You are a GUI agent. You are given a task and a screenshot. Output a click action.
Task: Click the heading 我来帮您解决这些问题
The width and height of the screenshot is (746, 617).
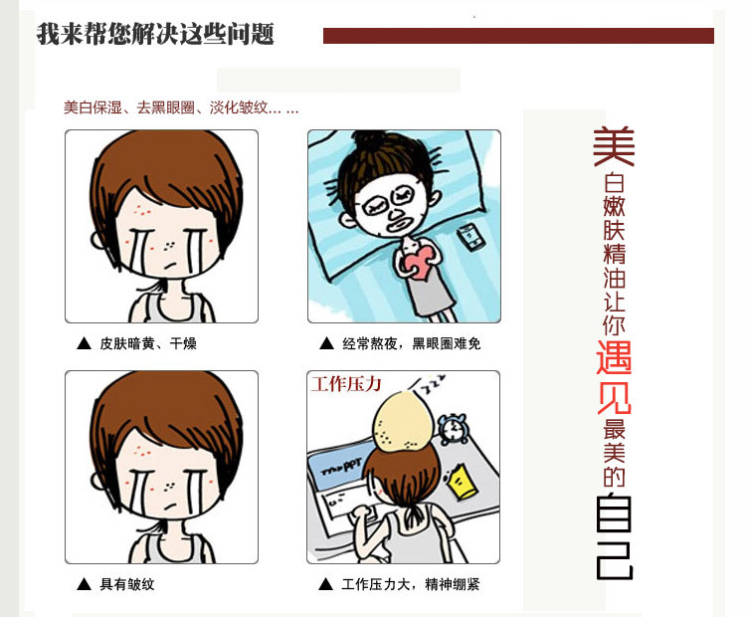pos(155,34)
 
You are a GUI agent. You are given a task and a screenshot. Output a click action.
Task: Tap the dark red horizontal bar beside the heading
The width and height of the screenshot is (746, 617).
pos(518,36)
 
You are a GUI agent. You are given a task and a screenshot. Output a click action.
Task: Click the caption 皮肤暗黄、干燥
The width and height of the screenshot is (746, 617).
pos(148,343)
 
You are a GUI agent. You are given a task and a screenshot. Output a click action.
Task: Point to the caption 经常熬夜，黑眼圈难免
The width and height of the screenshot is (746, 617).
pos(411,343)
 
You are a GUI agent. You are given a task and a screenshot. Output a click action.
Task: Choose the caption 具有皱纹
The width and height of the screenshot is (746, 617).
pos(127,584)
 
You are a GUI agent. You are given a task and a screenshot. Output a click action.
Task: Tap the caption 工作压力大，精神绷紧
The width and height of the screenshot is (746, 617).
pos(410,584)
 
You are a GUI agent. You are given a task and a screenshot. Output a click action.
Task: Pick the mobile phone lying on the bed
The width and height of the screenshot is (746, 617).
pos(471,237)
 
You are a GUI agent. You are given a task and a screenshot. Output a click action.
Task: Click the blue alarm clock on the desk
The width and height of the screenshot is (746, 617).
pos(453,429)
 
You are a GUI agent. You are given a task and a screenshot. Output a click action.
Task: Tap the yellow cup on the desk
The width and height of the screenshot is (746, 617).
pos(461,482)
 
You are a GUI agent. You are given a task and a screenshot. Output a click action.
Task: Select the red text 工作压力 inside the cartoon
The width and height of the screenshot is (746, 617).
pos(346,384)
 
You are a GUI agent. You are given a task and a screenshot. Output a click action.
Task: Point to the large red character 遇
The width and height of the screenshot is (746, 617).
pos(614,357)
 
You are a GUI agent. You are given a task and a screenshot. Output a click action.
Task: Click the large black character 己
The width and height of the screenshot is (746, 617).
pos(615,560)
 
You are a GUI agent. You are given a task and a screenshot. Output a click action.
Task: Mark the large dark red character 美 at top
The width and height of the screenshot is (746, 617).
pos(614,146)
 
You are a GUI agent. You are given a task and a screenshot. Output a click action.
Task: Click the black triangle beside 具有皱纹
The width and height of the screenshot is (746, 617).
pos(84,584)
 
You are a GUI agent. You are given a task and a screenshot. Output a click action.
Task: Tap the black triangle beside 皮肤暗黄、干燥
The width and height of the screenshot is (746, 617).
pos(84,343)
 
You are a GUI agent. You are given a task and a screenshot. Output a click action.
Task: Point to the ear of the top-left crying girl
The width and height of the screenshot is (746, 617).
pos(98,240)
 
